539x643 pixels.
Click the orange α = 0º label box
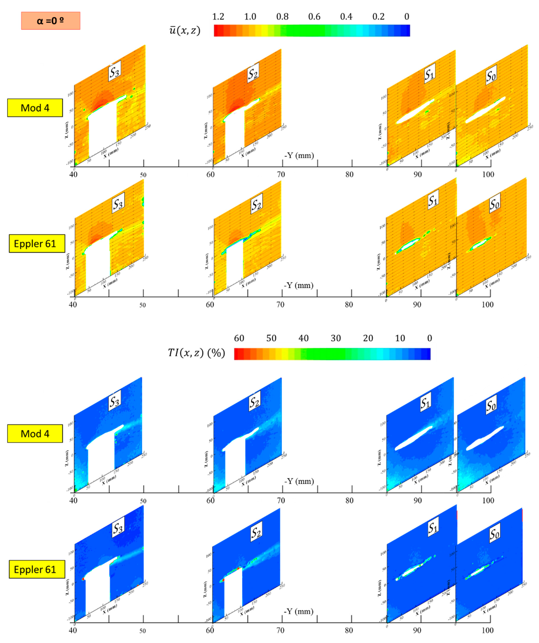51,21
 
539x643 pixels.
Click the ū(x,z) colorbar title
185,30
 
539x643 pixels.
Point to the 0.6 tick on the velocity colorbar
314,16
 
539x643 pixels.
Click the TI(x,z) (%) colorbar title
196,353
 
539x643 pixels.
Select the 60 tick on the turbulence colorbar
239,338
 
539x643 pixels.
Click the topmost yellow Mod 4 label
35,108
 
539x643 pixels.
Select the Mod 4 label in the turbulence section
35,434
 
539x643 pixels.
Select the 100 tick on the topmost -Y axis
488,175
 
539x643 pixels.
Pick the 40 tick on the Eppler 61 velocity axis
73,305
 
